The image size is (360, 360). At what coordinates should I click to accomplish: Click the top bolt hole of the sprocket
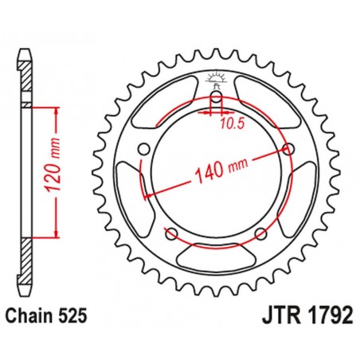[216, 99]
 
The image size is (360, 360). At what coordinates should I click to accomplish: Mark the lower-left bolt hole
[170, 233]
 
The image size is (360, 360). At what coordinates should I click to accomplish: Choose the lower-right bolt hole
[260, 233]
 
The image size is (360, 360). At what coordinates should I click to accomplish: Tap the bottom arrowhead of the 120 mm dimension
[56, 235]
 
